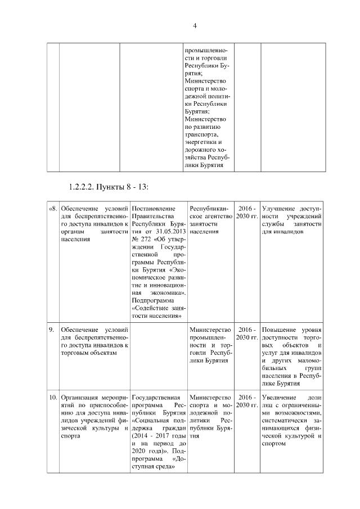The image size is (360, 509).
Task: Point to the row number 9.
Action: point(51,329)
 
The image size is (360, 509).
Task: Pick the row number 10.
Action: point(53,398)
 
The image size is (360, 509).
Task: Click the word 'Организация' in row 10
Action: point(82,398)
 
